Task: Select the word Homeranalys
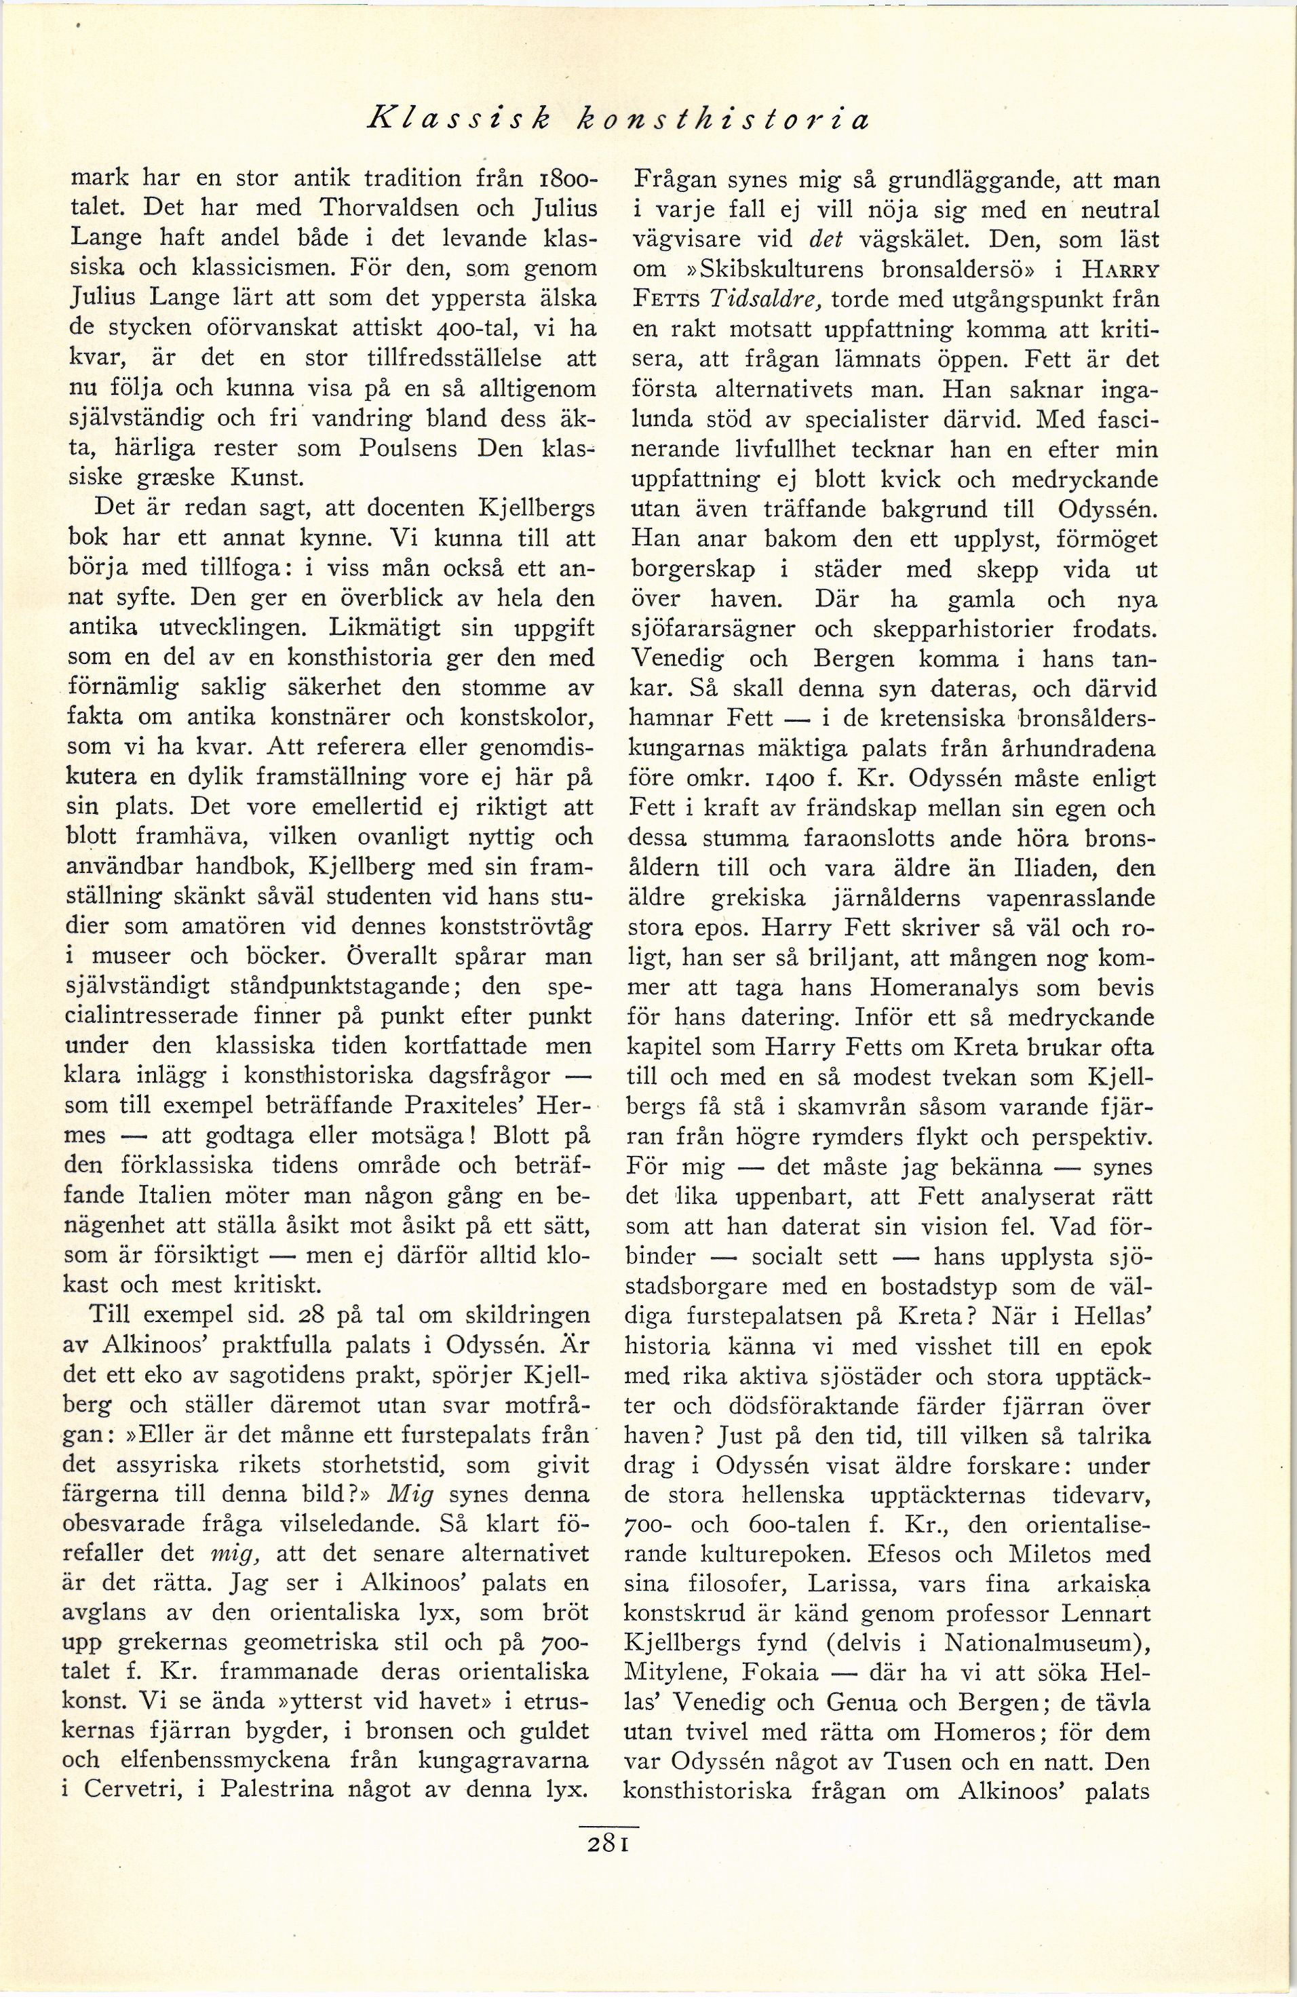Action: pyautogui.click(x=952, y=987)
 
